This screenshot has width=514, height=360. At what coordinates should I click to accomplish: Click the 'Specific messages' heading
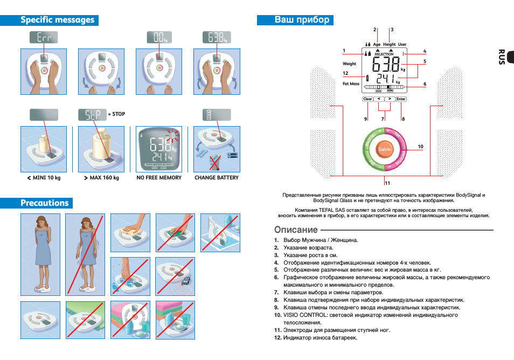click(57, 20)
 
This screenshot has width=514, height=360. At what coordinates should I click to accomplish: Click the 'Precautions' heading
click(45, 203)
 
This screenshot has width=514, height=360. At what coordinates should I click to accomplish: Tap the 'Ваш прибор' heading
click(302, 20)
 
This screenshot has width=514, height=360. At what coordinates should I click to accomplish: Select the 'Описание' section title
click(296, 230)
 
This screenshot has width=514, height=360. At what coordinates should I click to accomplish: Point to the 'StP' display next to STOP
click(92, 114)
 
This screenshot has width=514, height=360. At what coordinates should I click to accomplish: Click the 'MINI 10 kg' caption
click(44, 177)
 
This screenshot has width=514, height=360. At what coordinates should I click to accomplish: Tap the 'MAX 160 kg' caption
click(101, 177)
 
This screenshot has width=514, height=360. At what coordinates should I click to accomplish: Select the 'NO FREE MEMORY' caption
click(159, 177)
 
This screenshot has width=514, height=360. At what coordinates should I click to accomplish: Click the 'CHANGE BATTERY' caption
click(216, 177)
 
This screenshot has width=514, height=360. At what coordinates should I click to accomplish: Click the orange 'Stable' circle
click(384, 149)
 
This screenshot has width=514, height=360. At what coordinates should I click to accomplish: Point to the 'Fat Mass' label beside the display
click(351, 84)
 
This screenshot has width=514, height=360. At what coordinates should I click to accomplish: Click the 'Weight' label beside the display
click(349, 64)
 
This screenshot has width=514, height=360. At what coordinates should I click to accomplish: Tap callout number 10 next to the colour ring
click(420, 147)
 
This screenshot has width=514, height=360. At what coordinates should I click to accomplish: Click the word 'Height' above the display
click(389, 44)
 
